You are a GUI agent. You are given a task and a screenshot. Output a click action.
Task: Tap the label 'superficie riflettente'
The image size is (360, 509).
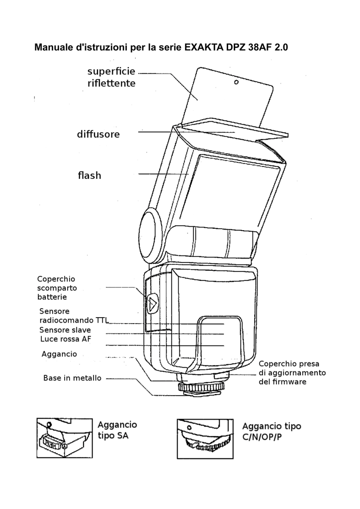111,78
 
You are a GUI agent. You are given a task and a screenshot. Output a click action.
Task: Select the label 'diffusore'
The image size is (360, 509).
98,134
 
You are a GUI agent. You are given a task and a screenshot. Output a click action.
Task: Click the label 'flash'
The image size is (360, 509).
90,175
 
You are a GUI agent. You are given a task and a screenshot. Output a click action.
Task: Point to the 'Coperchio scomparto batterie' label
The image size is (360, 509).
57,288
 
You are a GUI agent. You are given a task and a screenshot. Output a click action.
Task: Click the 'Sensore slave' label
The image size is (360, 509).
65,330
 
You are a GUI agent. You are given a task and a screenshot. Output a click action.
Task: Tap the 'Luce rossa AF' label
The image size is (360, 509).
66,339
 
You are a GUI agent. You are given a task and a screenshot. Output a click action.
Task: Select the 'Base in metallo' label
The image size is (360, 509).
72,378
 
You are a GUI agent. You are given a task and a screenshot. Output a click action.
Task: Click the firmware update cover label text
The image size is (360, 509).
292,373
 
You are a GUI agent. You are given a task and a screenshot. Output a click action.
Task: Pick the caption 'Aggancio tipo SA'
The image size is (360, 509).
117,430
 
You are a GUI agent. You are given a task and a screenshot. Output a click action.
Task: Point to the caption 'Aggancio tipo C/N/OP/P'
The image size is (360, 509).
271,431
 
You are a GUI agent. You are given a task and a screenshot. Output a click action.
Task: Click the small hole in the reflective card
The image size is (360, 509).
236,83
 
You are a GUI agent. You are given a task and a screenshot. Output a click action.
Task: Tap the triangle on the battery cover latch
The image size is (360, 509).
152,302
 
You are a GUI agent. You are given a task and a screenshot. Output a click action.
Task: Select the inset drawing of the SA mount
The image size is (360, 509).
65,438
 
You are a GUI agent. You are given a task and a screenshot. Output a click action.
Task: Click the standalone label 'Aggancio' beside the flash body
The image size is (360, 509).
59,354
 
